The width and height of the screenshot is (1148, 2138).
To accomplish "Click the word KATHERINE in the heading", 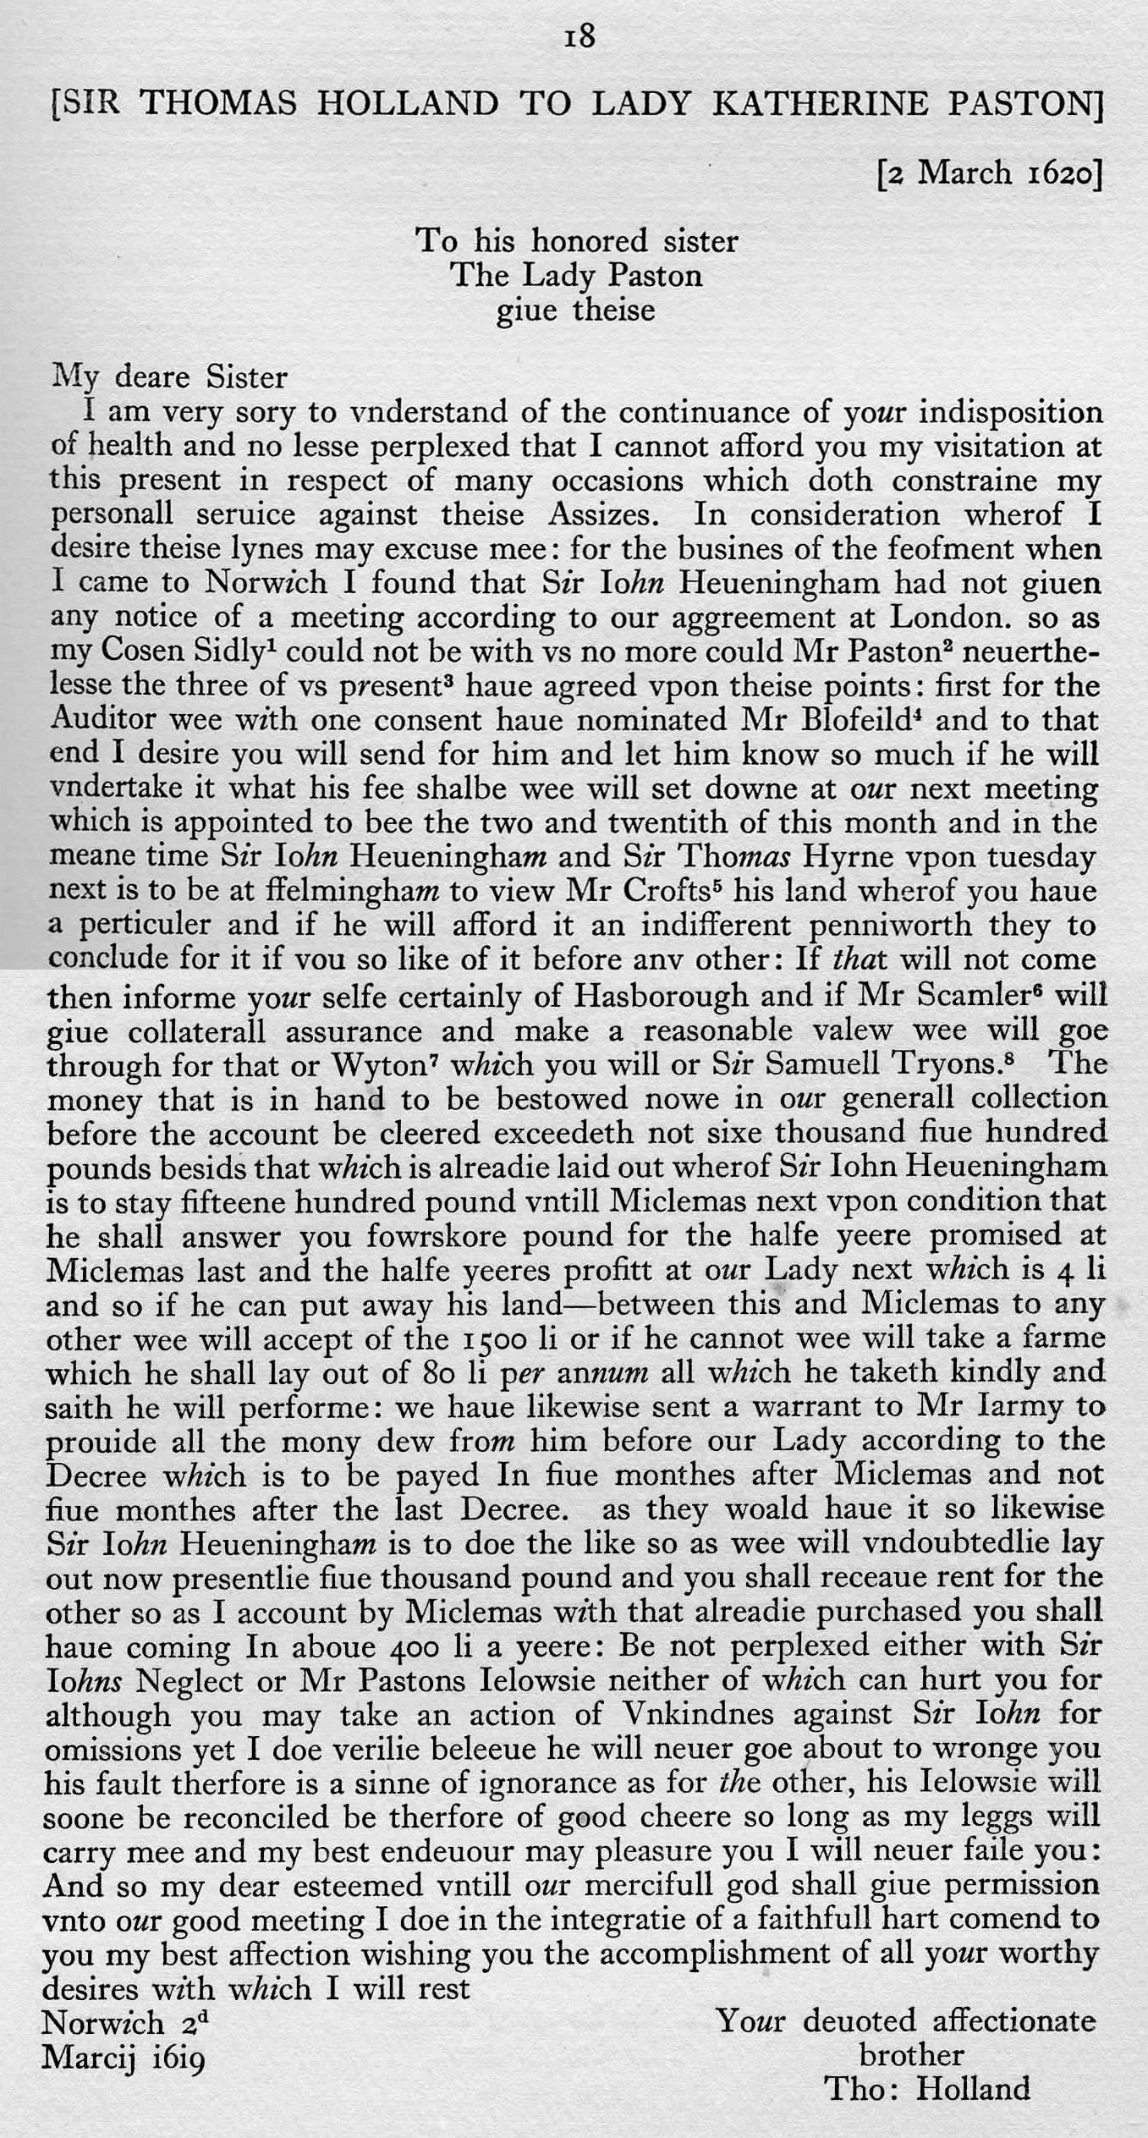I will [x=821, y=103].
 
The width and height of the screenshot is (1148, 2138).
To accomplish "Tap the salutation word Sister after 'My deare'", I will [x=245, y=376].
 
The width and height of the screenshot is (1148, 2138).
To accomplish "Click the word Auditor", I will [x=104, y=719].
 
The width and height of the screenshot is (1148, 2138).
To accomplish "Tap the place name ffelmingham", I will [x=339, y=890].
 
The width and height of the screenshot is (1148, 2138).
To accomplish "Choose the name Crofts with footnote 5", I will [x=666, y=890].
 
